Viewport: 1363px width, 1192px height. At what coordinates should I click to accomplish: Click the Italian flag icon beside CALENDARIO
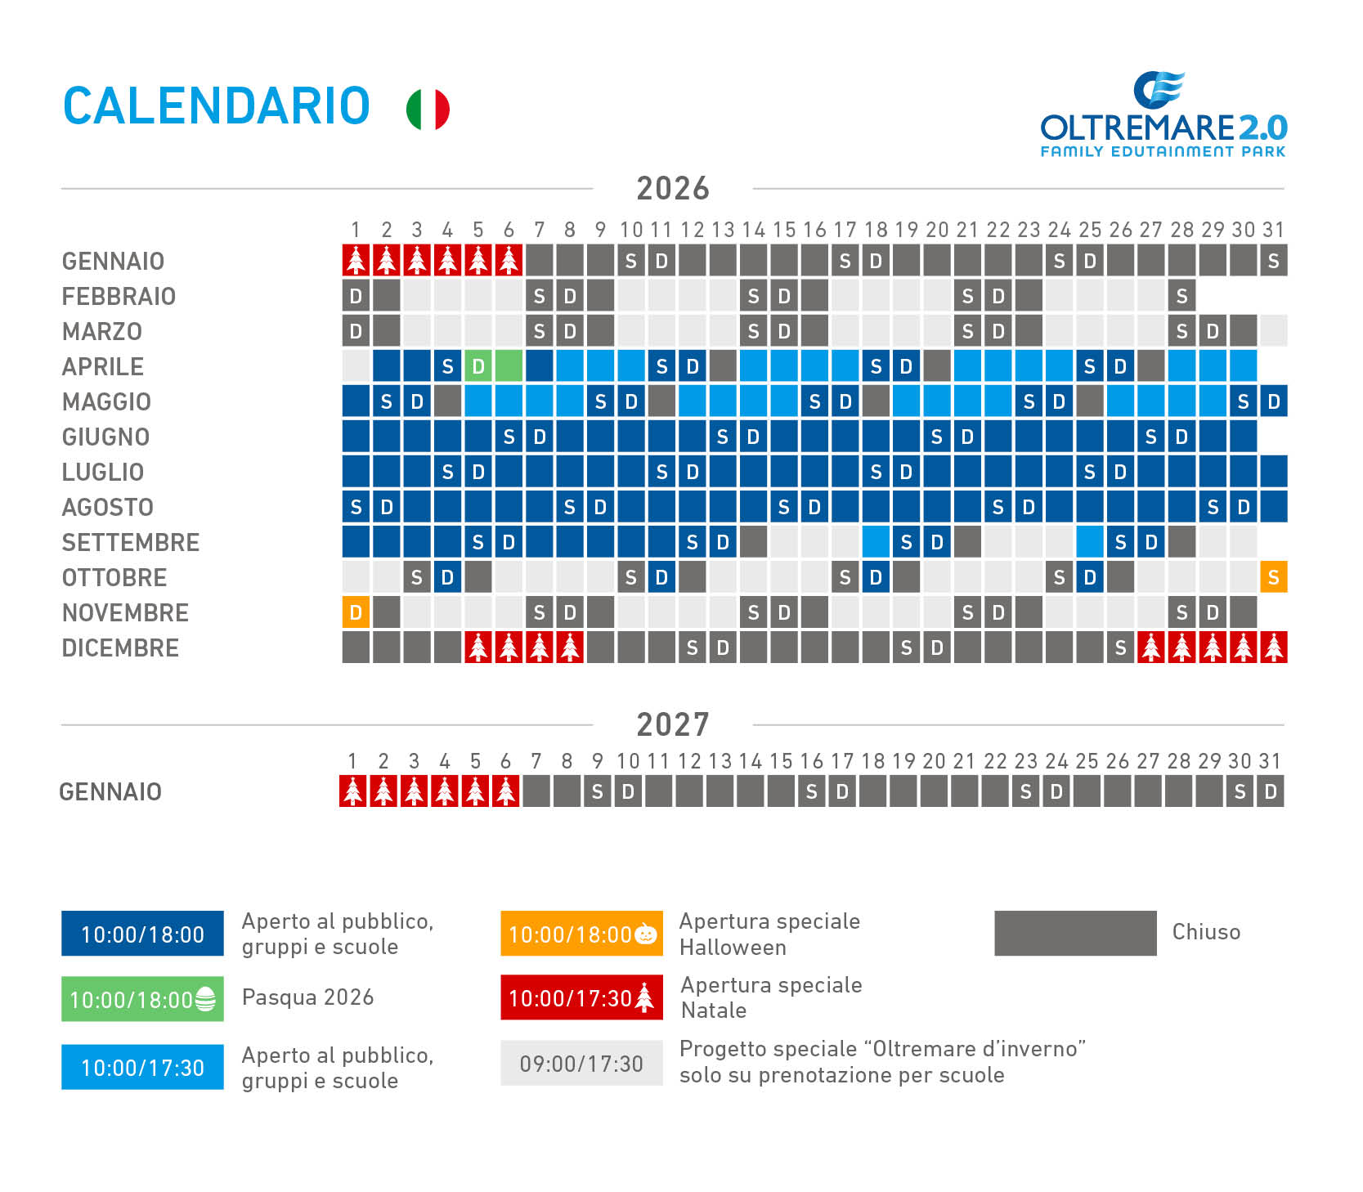428,109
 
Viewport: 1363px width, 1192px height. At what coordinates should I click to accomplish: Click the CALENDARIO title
217,106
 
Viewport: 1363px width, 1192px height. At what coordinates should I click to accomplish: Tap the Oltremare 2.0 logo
1163,114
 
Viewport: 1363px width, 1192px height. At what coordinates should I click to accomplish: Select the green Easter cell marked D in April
478,366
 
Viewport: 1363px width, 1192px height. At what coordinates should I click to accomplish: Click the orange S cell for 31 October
1273,577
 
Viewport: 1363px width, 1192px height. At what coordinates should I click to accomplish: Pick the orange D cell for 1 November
356,612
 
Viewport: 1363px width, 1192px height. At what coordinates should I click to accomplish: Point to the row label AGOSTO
108,508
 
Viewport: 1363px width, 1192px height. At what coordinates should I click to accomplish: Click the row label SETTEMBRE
131,543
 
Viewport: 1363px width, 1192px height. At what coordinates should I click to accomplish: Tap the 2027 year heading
673,724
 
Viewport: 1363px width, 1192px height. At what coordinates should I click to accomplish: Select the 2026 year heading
673,188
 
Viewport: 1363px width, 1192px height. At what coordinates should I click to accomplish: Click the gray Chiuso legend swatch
1075,933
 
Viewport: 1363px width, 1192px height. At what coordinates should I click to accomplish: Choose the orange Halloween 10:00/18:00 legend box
581,934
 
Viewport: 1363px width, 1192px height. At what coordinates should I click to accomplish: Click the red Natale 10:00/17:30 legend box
581,997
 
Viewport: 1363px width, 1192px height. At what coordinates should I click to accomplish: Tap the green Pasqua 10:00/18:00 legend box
142,999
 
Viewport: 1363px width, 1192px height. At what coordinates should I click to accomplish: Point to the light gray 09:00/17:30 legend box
581,1063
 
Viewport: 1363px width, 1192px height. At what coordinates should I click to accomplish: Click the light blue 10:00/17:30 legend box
142,1067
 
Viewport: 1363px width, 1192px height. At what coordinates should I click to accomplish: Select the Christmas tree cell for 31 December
1273,648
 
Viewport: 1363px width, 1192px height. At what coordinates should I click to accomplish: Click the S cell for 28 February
1181,296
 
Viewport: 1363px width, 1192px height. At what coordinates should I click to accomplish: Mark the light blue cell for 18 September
876,542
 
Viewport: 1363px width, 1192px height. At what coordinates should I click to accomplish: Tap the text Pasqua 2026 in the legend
308,997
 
